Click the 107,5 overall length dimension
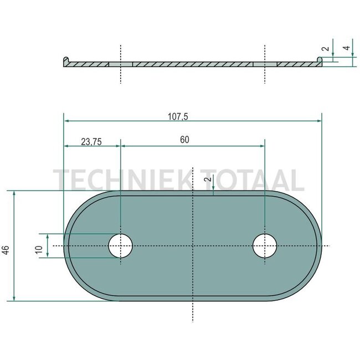coord(178,117)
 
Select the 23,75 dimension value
coord(91,142)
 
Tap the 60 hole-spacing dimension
coord(184,140)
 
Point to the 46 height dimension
coord(6,250)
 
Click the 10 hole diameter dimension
coord(39,249)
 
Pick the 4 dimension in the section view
coord(347,48)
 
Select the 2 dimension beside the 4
coord(325,49)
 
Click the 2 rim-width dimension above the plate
coord(208,179)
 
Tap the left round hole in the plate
coord(121,246)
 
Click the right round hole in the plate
coord(265,246)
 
